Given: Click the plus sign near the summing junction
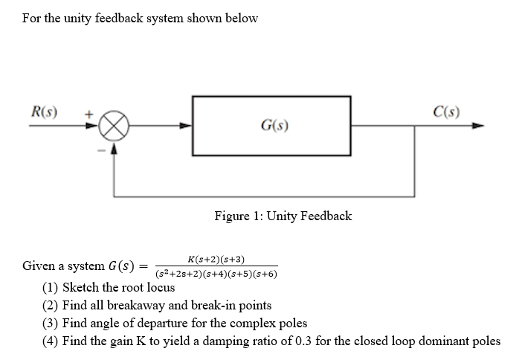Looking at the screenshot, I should point(88,115).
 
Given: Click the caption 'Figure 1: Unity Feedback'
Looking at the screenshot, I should point(283,216).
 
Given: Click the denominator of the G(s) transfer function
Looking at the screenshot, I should point(216,274).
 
